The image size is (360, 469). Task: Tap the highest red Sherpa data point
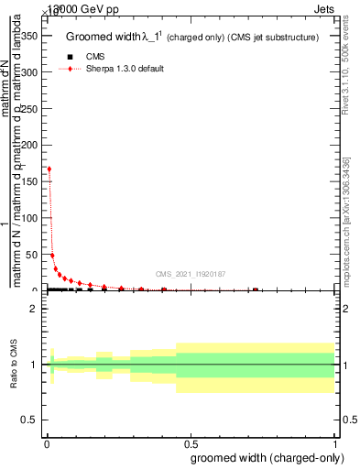(x=49, y=169)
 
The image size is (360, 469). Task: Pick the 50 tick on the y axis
(x=34, y=255)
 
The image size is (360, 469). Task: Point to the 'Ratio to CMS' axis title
(x=15, y=365)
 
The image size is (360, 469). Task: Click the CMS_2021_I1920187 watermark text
(x=190, y=273)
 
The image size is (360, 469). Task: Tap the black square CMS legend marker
(x=71, y=57)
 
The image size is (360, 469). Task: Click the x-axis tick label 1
(x=334, y=443)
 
